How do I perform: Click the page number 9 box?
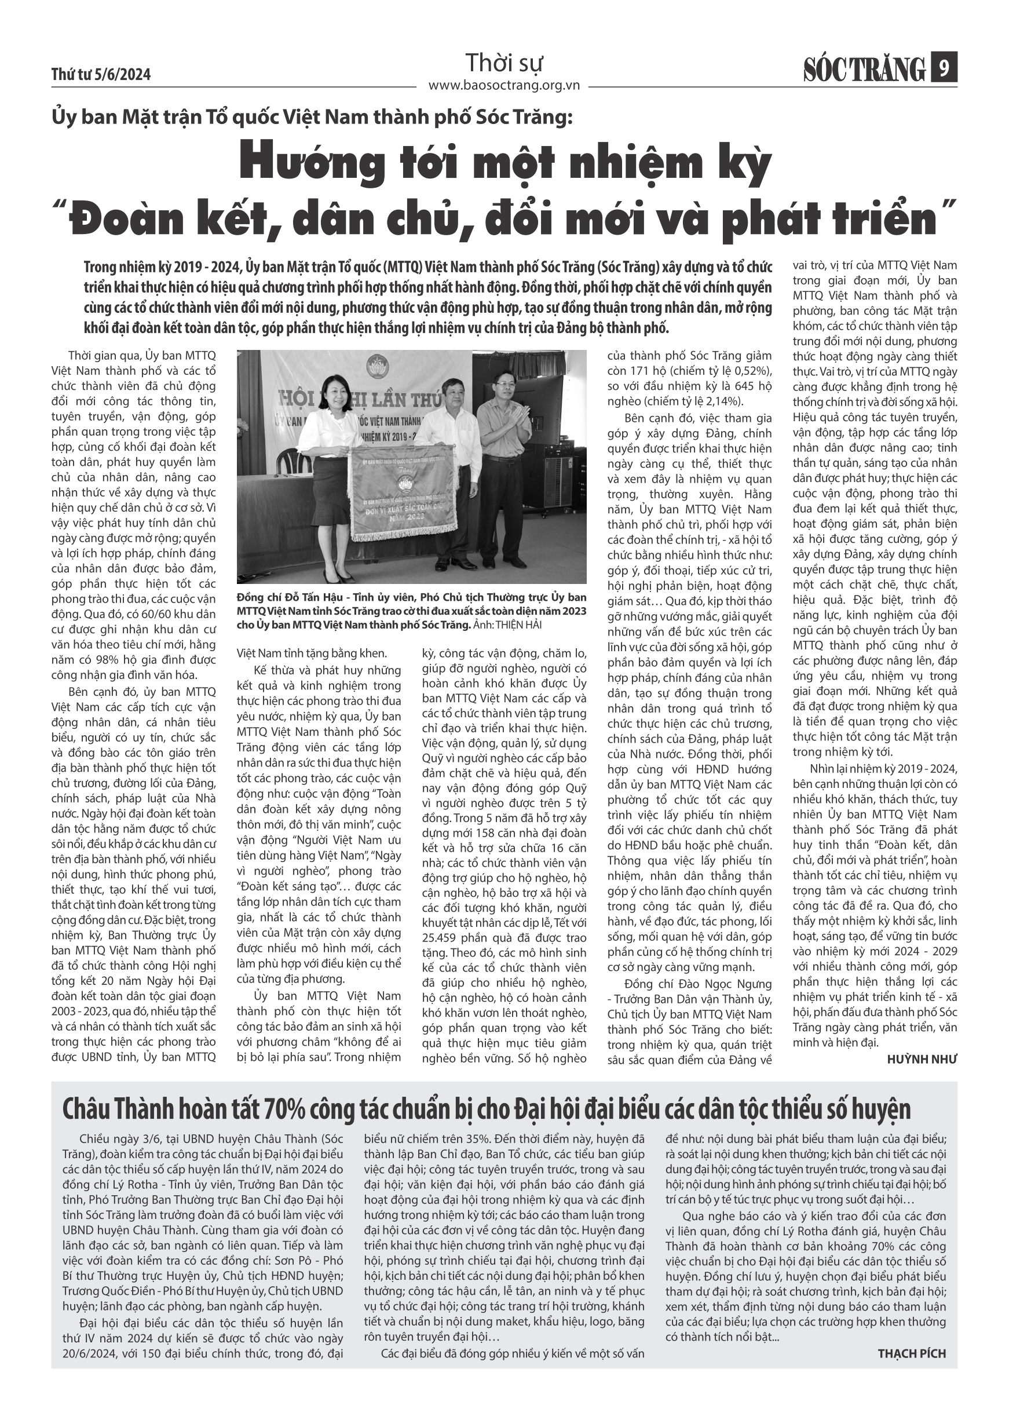pos(944,68)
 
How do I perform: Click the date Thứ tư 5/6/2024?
pos(101,75)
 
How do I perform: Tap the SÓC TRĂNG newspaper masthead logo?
pos(864,69)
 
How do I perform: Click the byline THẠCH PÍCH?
pos(912,1353)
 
